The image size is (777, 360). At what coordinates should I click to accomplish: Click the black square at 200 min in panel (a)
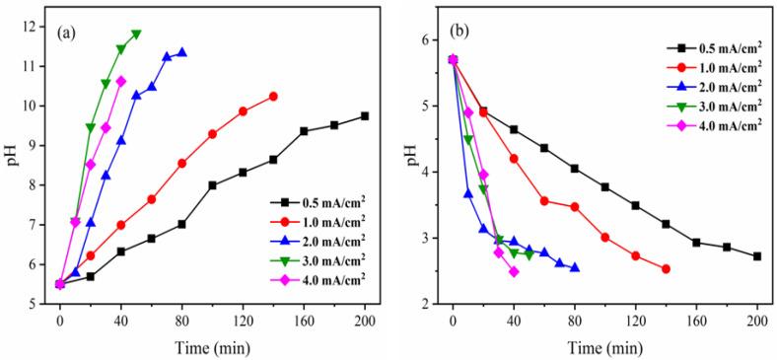click(x=365, y=115)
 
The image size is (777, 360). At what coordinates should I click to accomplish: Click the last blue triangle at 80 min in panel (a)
click(x=181, y=53)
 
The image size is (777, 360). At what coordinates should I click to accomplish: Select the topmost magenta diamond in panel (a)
click(x=121, y=81)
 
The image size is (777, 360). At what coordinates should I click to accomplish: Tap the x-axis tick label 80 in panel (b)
click(x=574, y=321)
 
